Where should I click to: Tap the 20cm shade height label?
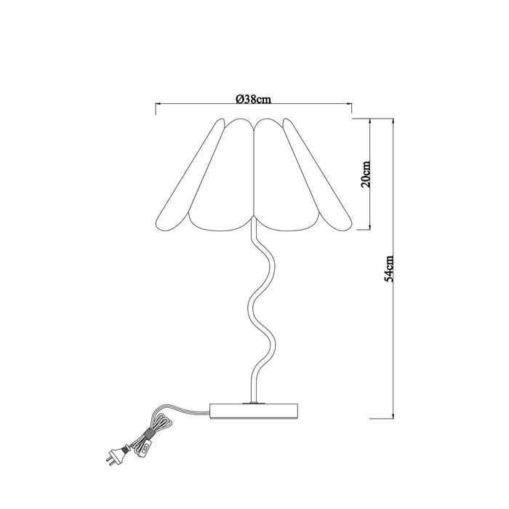click(x=367, y=173)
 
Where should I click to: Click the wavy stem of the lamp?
click(x=261, y=305)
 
